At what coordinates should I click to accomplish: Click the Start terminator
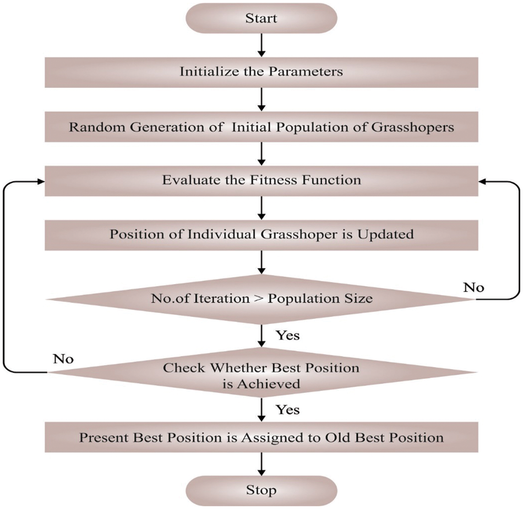[x=261, y=18]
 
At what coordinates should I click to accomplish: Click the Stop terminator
[x=261, y=489]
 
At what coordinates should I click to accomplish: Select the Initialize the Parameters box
[x=261, y=72]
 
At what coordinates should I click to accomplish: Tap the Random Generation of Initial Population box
[x=261, y=127]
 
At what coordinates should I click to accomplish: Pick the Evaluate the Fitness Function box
[x=261, y=180]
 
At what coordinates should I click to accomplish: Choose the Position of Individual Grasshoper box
[x=261, y=234]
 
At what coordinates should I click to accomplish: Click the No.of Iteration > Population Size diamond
[x=261, y=299]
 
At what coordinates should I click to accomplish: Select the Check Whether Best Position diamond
[x=261, y=375]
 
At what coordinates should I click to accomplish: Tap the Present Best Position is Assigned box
[x=261, y=437]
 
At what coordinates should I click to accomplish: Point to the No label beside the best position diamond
[x=63, y=359]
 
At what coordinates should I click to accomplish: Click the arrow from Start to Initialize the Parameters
[x=261, y=45]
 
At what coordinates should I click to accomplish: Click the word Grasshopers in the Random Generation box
[x=420, y=127]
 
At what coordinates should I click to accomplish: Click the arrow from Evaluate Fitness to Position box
[x=261, y=207]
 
